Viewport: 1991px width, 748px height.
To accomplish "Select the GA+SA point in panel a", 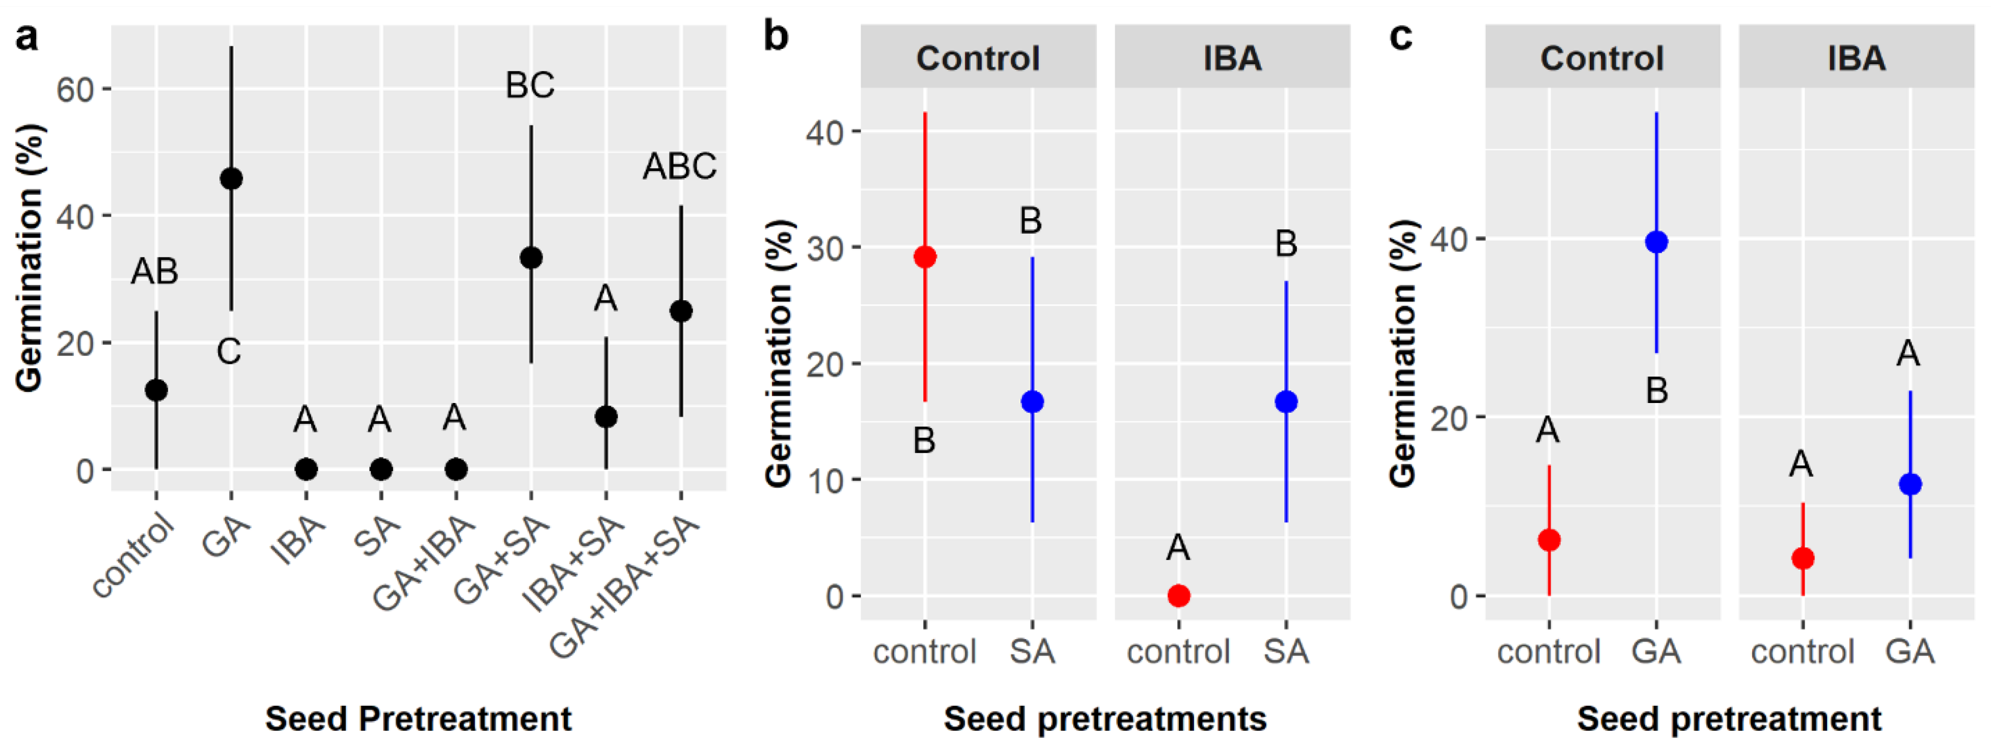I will click(531, 257).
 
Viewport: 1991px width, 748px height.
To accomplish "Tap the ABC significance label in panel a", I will click(679, 166).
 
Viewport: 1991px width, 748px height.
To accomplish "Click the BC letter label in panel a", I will click(530, 85).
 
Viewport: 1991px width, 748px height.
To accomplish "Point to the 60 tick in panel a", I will click(74, 90).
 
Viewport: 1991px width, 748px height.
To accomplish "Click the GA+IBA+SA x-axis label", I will click(626, 589).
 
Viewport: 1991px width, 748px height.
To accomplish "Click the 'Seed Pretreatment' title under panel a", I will click(418, 718).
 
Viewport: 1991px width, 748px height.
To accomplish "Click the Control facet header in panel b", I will click(978, 58).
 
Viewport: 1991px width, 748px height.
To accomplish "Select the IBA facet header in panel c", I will click(1856, 58).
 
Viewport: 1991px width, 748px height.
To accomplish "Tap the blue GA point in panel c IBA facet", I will click(1910, 484).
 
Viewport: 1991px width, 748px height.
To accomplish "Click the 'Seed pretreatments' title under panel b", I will click(1104, 718).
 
